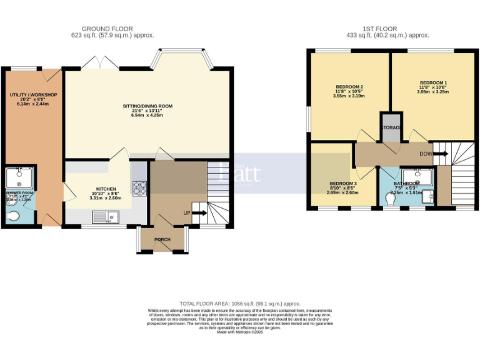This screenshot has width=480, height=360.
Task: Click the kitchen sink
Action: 106,217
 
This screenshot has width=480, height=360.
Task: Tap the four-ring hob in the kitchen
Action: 138,186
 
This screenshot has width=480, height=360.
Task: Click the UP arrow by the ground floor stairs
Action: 199,213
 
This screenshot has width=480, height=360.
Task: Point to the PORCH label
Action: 162,239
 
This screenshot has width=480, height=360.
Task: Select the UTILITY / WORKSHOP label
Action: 33,94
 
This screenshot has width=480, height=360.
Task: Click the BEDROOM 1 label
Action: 433,82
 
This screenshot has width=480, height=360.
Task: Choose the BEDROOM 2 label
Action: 349,86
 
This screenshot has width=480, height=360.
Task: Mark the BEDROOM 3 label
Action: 343,183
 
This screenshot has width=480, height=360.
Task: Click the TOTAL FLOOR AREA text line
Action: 240,302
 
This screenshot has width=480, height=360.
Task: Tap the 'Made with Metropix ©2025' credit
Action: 240,332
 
